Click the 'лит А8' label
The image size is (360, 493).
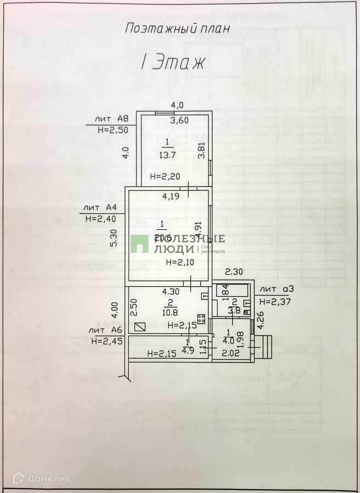coord(111,118)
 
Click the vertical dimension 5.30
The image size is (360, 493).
coord(113,237)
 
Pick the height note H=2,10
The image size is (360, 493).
coord(179,262)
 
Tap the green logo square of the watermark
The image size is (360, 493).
coord(139,244)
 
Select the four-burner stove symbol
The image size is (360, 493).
coord(202,319)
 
